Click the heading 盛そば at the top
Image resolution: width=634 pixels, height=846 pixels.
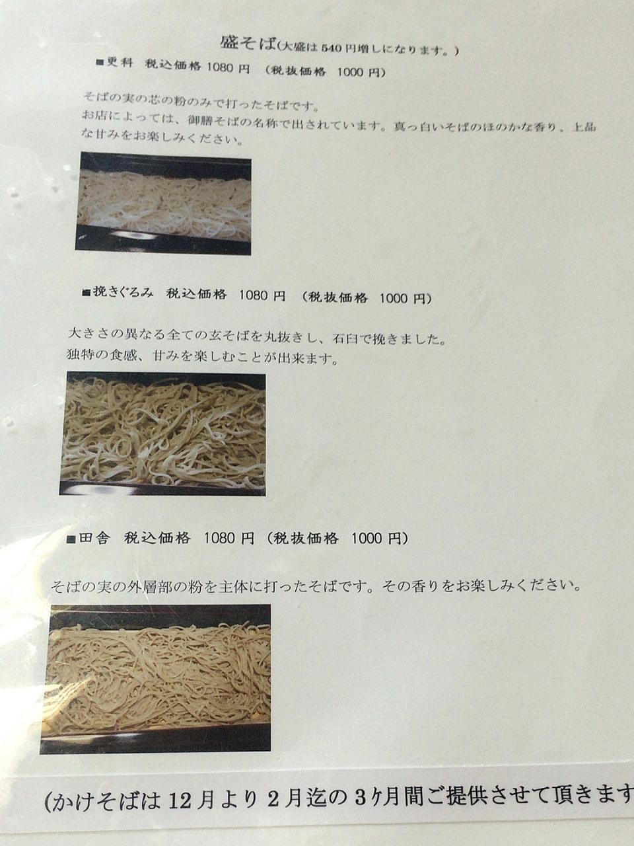pyautogui.click(x=248, y=43)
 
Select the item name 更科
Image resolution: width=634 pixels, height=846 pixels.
pyautogui.click(x=120, y=63)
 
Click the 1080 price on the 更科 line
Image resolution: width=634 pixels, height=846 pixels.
pyautogui.click(x=219, y=67)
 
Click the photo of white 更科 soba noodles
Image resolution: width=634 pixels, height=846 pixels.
pyautogui.click(x=163, y=204)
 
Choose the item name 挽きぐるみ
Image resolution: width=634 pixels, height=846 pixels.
pyautogui.click(x=123, y=293)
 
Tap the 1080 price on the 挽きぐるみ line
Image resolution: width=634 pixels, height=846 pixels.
pyautogui.click(x=253, y=295)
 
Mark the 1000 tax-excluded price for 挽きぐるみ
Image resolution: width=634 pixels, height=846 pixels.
pyautogui.click(x=394, y=297)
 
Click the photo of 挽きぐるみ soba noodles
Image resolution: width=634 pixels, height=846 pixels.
pyautogui.click(x=162, y=434)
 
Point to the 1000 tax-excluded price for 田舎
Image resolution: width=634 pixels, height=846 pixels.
pyautogui.click(x=366, y=539)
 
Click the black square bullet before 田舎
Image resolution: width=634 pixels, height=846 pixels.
pyautogui.click(x=71, y=539)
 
